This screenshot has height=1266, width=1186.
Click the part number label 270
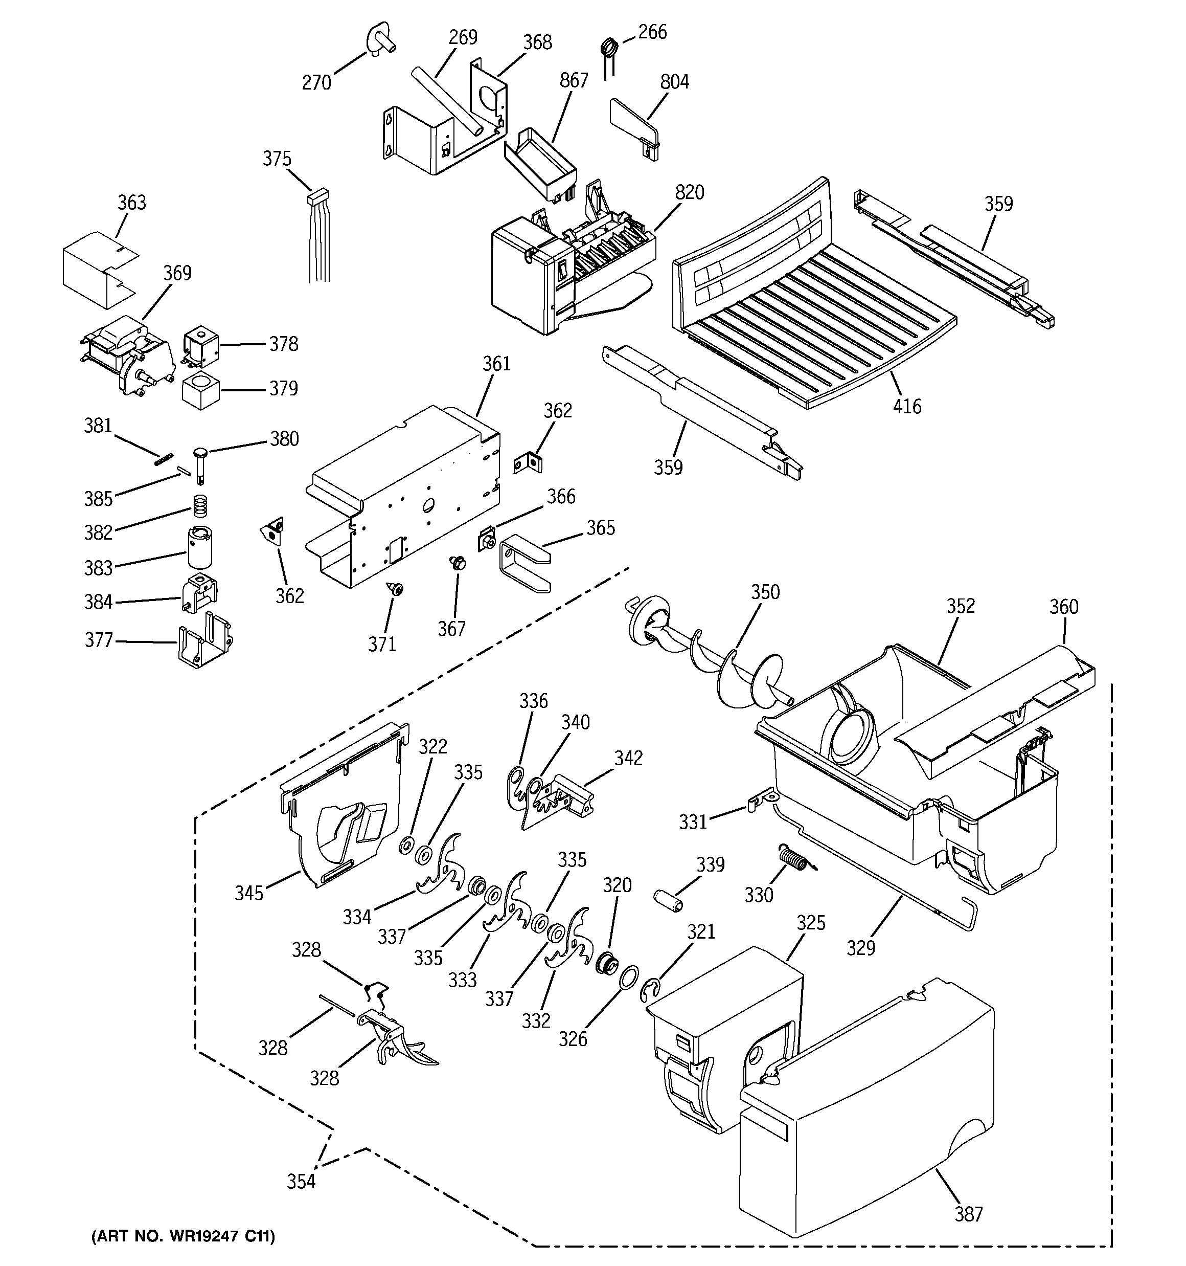point(316,82)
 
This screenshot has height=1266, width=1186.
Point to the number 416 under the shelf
point(906,406)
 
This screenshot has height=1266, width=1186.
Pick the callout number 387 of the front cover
point(968,1214)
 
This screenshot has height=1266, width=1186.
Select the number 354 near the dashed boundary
point(301,1181)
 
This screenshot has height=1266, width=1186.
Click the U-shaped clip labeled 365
point(524,563)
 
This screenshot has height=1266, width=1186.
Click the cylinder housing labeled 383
point(199,546)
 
